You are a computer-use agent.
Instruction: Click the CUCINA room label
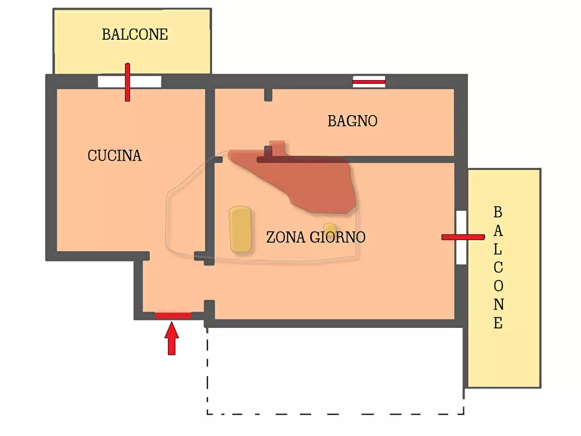[x=115, y=156]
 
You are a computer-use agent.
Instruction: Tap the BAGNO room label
[x=352, y=121]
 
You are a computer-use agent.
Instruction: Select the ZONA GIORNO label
[x=316, y=238]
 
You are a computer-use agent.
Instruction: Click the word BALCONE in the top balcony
[x=135, y=35]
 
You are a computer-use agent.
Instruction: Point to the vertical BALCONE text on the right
[x=498, y=267]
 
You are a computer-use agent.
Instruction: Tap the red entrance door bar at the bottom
[x=173, y=316]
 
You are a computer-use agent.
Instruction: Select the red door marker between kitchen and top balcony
[x=128, y=82]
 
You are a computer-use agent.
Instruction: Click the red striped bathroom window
[x=369, y=82]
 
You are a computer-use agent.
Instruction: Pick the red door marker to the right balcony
[x=463, y=237]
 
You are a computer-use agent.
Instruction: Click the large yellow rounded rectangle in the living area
[x=240, y=230]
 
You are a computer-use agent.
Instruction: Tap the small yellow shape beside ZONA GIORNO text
[x=331, y=229]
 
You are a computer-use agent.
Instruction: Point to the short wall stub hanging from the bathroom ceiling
[x=268, y=94]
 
